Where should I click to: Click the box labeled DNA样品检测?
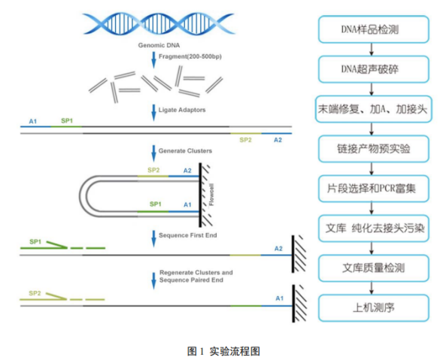(x=374, y=29)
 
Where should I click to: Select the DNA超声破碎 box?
(x=374, y=69)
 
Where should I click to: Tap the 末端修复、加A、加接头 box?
(x=374, y=109)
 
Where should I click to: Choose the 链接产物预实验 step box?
(x=374, y=149)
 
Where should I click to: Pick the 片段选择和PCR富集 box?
(x=374, y=189)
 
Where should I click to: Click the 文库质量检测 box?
(x=374, y=268)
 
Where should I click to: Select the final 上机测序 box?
(x=374, y=307)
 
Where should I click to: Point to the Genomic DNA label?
(x=159, y=45)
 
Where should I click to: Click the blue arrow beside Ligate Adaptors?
(x=153, y=113)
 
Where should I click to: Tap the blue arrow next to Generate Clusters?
(x=153, y=153)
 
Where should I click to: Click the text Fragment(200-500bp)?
(x=190, y=56)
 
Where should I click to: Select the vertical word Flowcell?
(x=211, y=195)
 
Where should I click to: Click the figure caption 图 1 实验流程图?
(x=223, y=351)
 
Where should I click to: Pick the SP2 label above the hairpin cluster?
(x=153, y=170)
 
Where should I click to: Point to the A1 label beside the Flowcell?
(x=187, y=204)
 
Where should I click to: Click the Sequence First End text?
(x=188, y=235)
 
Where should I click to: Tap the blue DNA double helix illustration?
(x=159, y=24)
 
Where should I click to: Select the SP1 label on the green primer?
(x=35, y=242)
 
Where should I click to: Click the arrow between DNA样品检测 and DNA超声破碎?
(x=372, y=50)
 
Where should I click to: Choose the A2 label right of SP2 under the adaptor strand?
(x=278, y=140)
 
